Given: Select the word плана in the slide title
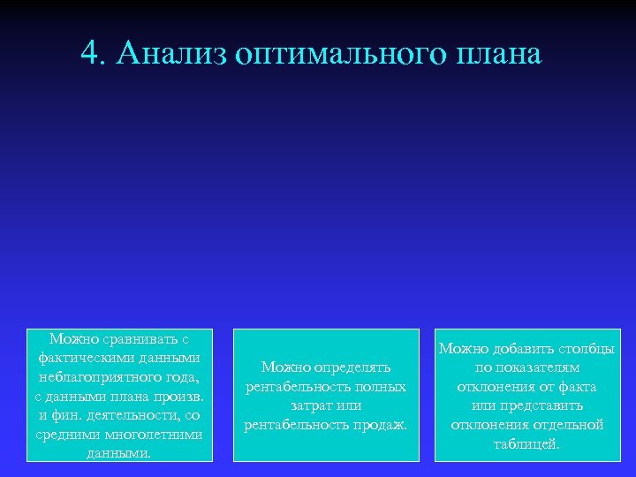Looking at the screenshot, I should (x=499, y=54).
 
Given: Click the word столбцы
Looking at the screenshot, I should (x=587, y=349).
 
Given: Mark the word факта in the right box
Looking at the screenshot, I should (x=576, y=386).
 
